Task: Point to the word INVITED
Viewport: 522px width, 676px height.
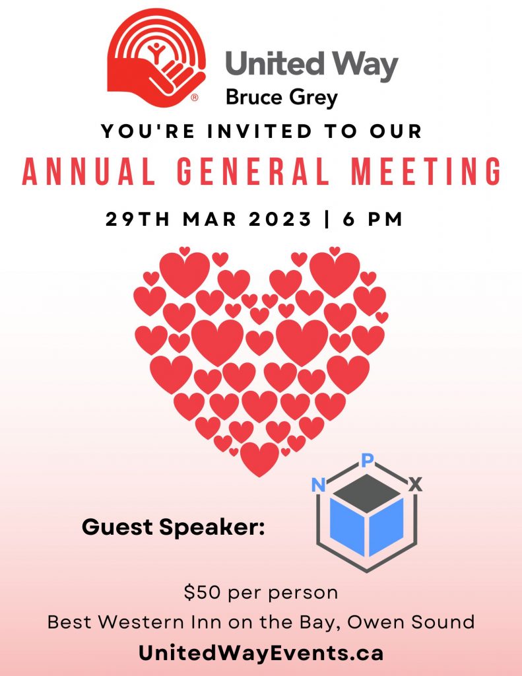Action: [259, 131]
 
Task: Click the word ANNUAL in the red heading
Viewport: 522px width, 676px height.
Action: [88, 172]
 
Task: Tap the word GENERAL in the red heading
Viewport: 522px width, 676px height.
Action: [253, 172]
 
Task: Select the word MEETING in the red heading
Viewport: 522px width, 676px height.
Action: [426, 172]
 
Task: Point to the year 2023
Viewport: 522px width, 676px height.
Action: [280, 219]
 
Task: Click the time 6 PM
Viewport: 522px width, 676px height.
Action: [373, 219]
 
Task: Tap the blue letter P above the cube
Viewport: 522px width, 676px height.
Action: [367, 461]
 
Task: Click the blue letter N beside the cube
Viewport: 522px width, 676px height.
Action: [318, 485]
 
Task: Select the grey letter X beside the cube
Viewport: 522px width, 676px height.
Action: [416, 485]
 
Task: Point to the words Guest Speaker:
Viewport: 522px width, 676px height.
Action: [174, 527]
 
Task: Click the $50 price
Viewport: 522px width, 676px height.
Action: [203, 593]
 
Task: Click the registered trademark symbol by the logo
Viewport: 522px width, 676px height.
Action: [195, 98]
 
